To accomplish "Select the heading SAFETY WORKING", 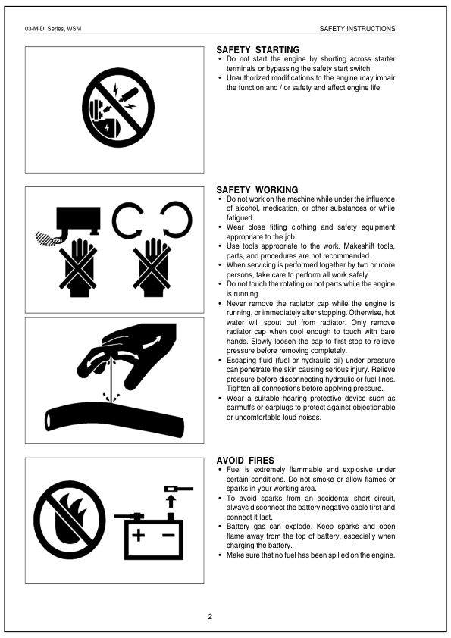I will click(x=257, y=189).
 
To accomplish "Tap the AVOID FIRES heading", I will click(x=245, y=460).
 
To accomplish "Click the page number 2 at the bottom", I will click(x=210, y=615).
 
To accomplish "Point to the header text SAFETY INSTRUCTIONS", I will click(x=357, y=29).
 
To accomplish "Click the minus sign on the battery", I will click(x=168, y=536).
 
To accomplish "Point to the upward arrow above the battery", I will click(x=170, y=502).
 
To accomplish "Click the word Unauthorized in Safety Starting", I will click(x=251, y=78).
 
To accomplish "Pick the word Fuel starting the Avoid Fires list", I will click(x=234, y=470).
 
